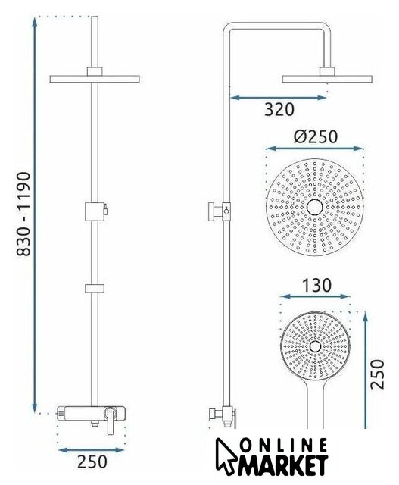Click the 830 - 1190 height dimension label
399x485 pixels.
coord(23,214)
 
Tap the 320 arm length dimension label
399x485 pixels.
coord(279,109)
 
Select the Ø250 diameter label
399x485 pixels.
coord(316,136)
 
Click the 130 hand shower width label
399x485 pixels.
coord(316,286)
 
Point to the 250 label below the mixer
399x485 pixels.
coord(92,462)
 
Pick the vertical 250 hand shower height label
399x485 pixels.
coord(378,374)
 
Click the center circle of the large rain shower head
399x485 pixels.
coord(315,207)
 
